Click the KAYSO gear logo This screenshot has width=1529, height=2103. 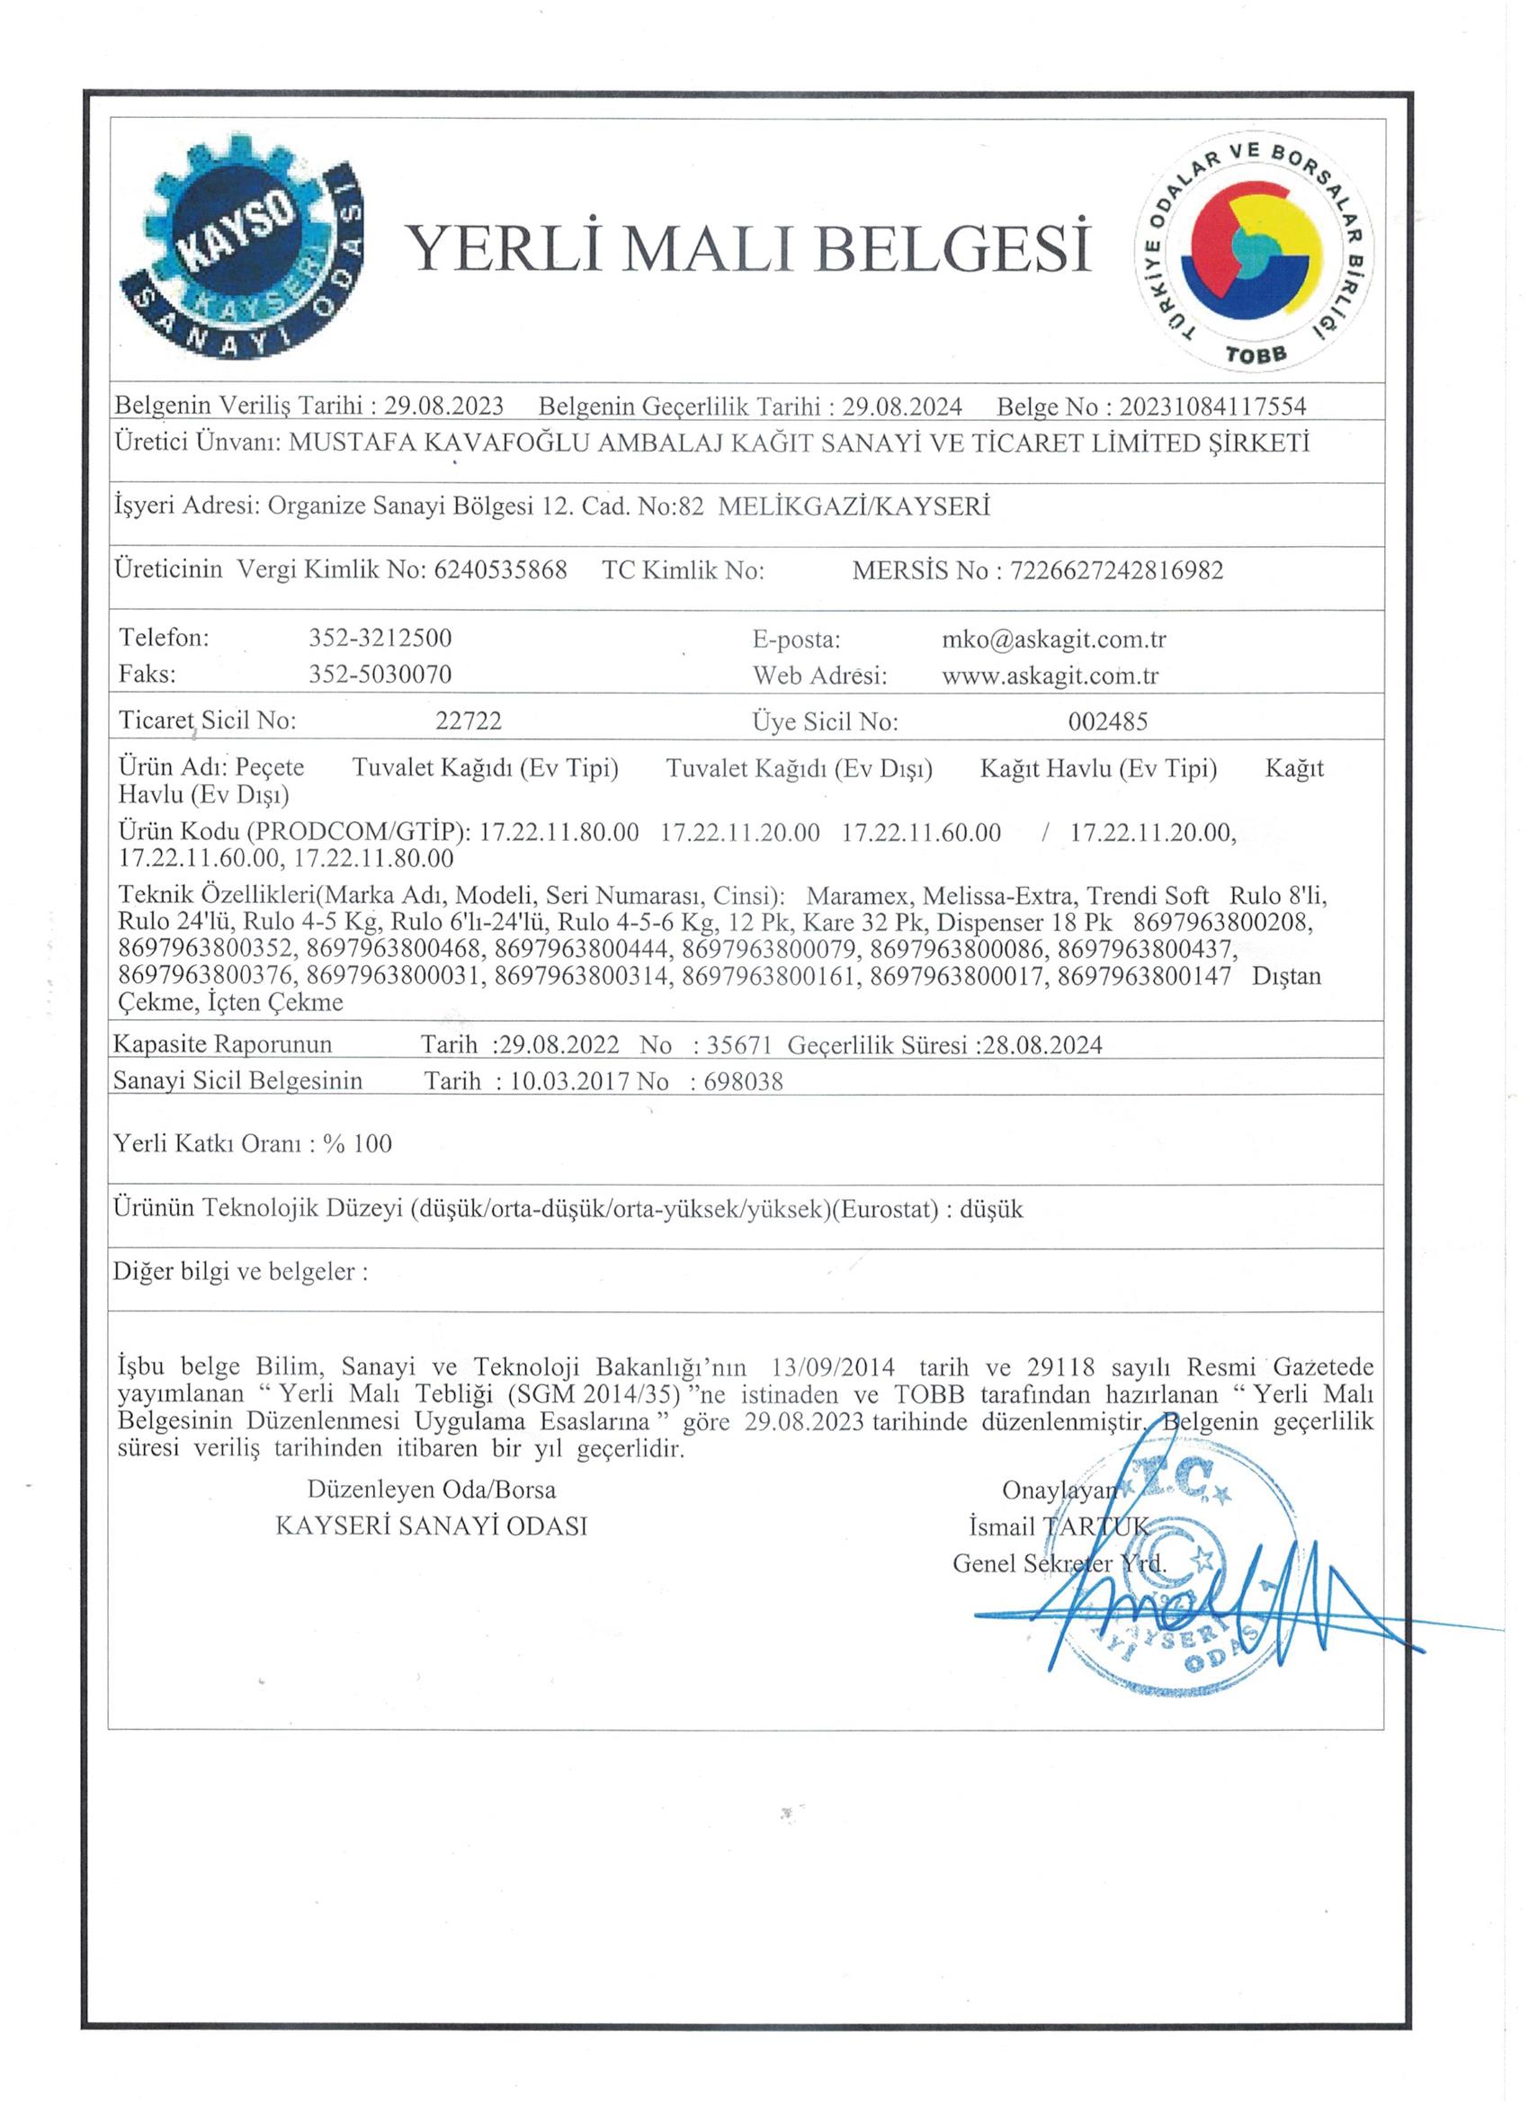pyautogui.click(x=239, y=251)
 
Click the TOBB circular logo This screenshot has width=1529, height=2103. pyautogui.click(x=1255, y=253)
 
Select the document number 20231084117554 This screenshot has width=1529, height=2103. pyautogui.click(x=1212, y=407)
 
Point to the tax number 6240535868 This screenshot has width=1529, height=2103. pyautogui.click(x=500, y=569)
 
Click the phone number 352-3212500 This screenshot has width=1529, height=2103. pyautogui.click(x=380, y=638)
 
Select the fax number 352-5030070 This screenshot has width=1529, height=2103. pyautogui.click(x=380, y=674)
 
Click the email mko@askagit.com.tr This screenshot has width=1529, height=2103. pyautogui.click(x=1053, y=639)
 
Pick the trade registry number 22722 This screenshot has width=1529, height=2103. pyautogui.click(x=469, y=720)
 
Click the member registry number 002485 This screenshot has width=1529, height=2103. pyautogui.click(x=1107, y=720)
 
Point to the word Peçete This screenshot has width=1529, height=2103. pyautogui.click(x=269, y=768)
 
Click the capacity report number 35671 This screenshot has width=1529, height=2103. pyautogui.click(x=739, y=1045)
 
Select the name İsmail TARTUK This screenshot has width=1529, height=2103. pyautogui.click(x=1058, y=1526)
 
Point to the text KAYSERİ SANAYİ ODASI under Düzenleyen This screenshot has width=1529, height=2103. pyautogui.click(x=431, y=1526)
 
